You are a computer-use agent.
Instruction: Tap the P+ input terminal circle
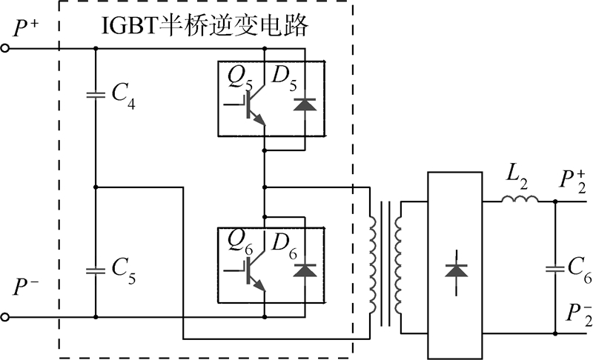coord(6,49)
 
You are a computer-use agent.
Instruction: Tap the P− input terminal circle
coord(6,318)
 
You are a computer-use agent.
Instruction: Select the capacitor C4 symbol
coord(96,95)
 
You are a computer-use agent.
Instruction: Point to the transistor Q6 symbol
coord(256,272)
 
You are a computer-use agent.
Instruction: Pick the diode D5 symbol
coord(302,104)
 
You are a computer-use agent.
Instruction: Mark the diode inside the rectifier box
coord(455,270)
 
